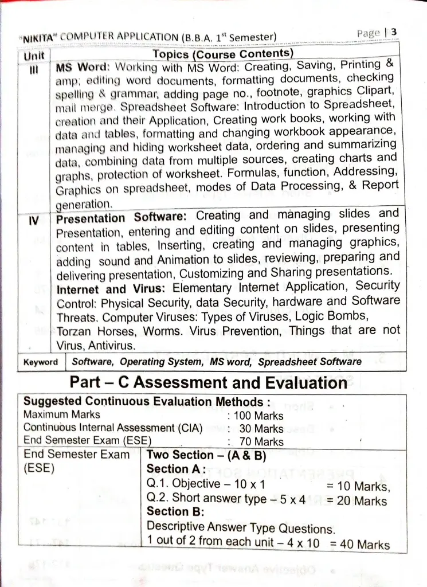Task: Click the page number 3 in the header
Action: (x=394, y=32)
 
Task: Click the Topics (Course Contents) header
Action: (x=223, y=54)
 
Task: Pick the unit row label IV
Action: (x=34, y=220)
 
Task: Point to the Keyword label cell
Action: (x=41, y=362)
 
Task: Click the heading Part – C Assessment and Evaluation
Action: (x=208, y=382)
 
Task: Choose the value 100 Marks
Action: (x=258, y=416)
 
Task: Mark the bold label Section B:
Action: (x=169, y=511)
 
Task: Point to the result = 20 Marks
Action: (x=357, y=500)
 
